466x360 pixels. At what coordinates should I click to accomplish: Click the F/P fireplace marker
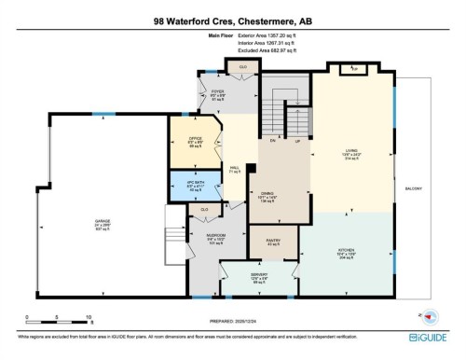click(352, 69)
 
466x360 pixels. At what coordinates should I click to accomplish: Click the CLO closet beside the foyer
click(242, 68)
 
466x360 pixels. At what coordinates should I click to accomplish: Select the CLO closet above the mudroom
click(204, 210)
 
